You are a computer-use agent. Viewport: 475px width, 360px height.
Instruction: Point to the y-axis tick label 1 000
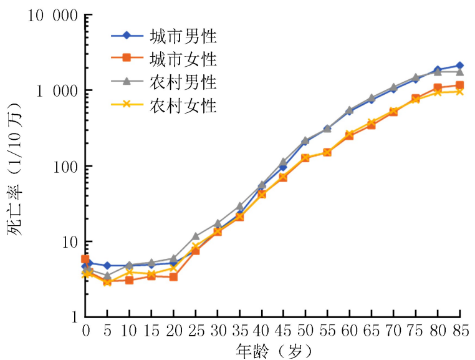click(52, 91)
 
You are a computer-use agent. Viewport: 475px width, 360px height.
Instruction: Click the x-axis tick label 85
click(461, 328)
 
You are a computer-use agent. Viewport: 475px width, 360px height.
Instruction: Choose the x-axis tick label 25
click(196, 328)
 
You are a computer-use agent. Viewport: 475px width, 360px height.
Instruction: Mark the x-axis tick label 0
click(85, 328)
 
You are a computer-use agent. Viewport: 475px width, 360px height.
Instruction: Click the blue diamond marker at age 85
click(459, 66)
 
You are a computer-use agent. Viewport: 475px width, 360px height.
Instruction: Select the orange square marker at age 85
click(459, 85)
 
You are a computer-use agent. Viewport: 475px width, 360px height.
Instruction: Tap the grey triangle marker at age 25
click(196, 236)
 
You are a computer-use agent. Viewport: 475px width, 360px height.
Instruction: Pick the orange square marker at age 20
click(174, 276)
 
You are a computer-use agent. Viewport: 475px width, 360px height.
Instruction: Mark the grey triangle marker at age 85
click(459, 72)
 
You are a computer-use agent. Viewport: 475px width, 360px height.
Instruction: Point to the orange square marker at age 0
click(85, 259)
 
